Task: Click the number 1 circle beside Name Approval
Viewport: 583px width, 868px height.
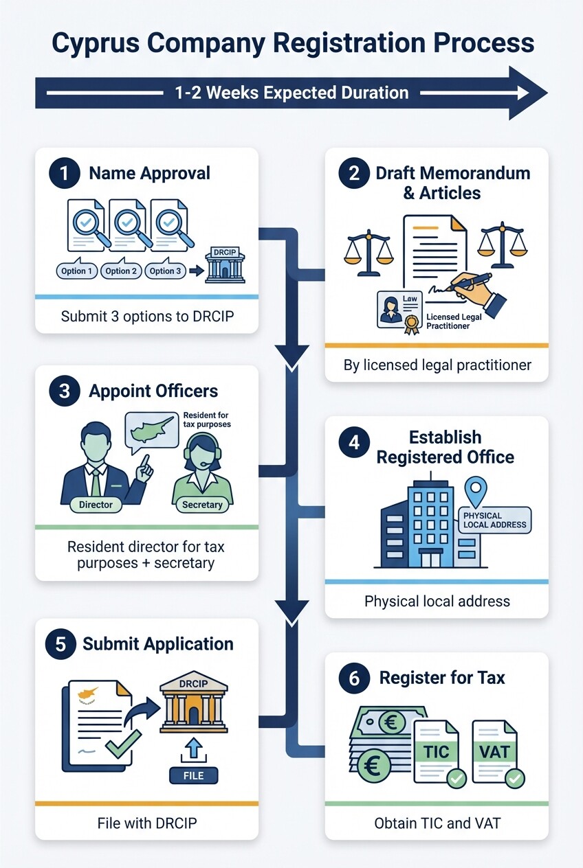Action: tap(65, 173)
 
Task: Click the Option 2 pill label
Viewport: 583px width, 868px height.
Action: tap(122, 271)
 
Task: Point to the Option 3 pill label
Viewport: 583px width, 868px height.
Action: tap(166, 271)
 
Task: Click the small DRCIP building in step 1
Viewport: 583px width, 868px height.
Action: tap(225, 264)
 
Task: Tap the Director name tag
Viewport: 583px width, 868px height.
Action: tap(96, 504)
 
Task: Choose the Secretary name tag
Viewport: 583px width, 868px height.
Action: tap(202, 505)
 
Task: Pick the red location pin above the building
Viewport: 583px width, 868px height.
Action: tap(474, 492)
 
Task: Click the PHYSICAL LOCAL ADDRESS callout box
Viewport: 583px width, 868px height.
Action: tap(494, 521)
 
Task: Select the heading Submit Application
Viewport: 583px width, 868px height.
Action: tap(158, 644)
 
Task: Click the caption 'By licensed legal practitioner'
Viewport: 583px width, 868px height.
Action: tap(437, 365)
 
